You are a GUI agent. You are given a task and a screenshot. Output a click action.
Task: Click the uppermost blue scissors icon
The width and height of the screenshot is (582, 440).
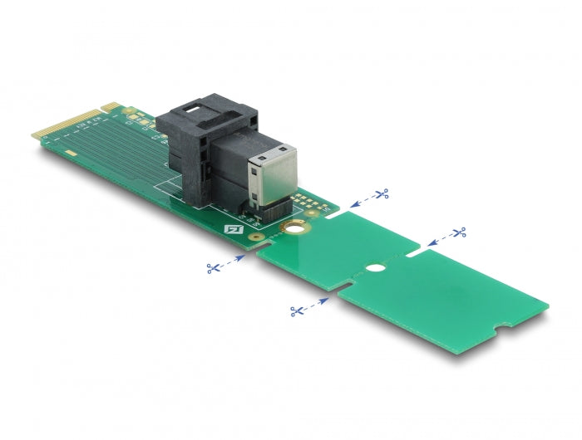[x=382, y=194]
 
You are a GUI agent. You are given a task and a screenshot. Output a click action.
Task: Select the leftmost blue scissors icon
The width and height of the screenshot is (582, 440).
[x=214, y=267]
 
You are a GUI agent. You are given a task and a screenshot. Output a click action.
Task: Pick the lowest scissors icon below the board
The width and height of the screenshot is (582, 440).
[x=296, y=310]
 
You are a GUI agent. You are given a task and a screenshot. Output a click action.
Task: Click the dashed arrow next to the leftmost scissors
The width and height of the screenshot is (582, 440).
[x=234, y=261]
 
